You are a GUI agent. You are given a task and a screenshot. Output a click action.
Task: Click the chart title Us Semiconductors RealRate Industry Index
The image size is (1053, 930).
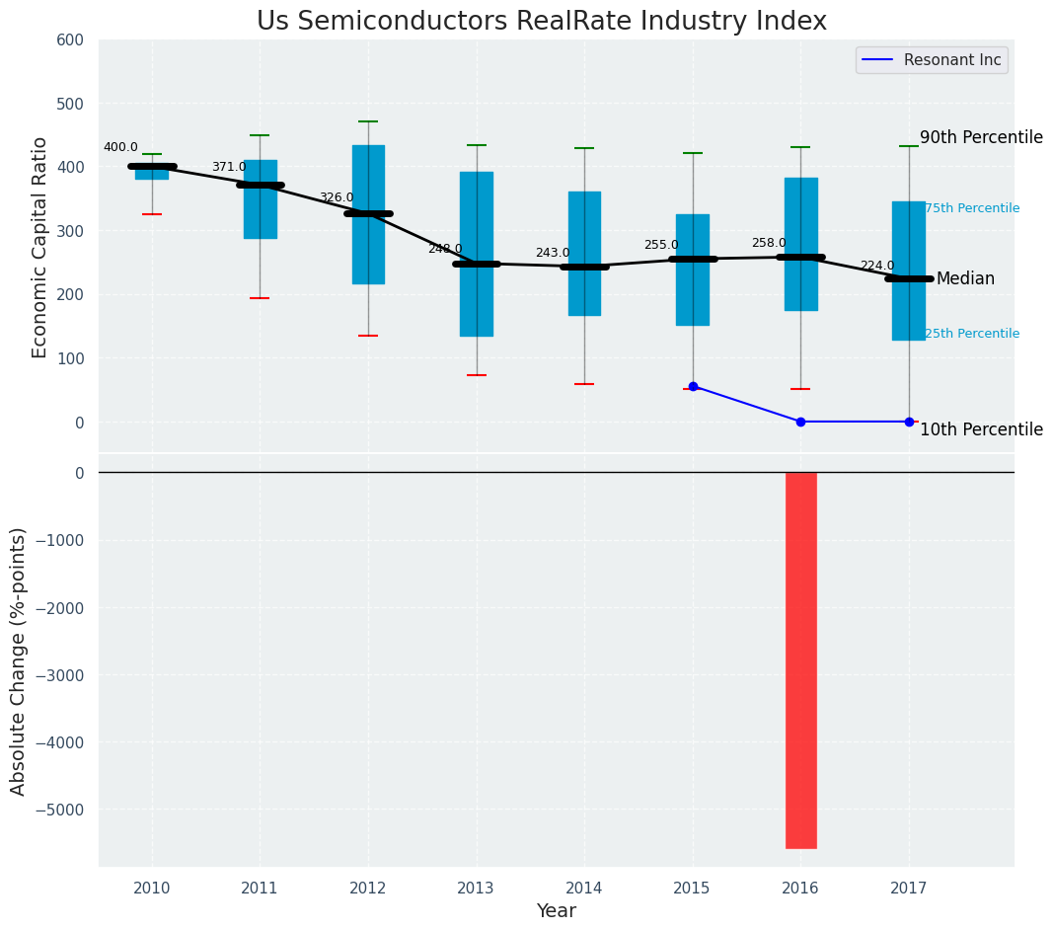(x=541, y=22)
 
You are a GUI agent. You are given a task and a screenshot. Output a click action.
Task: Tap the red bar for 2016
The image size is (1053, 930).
(x=800, y=659)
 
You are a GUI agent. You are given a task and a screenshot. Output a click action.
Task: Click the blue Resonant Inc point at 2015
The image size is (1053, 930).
(x=693, y=386)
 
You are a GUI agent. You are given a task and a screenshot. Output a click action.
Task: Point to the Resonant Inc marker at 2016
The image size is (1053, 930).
(x=800, y=422)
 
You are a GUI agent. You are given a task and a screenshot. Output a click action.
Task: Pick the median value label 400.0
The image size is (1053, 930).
(x=120, y=148)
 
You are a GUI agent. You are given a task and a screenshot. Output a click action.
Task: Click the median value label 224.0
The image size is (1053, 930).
(x=876, y=267)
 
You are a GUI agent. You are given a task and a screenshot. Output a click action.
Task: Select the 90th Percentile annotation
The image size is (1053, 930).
(x=981, y=138)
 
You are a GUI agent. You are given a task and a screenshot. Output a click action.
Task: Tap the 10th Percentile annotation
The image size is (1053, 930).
(x=981, y=430)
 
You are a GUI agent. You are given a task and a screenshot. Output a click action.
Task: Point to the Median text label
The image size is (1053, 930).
(x=965, y=279)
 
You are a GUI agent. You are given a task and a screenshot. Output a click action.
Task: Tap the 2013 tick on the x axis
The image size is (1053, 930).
(x=477, y=889)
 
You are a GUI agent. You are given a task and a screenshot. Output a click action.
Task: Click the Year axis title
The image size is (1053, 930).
(x=557, y=911)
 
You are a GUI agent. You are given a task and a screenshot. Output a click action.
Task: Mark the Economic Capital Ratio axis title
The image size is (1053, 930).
(x=40, y=247)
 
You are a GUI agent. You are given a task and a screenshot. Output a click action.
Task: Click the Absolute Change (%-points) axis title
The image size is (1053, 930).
(x=19, y=660)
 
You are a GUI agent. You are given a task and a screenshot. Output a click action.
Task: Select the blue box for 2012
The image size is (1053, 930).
(x=368, y=214)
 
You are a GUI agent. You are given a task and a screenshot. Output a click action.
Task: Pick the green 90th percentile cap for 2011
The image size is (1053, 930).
(x=261, y=135)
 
